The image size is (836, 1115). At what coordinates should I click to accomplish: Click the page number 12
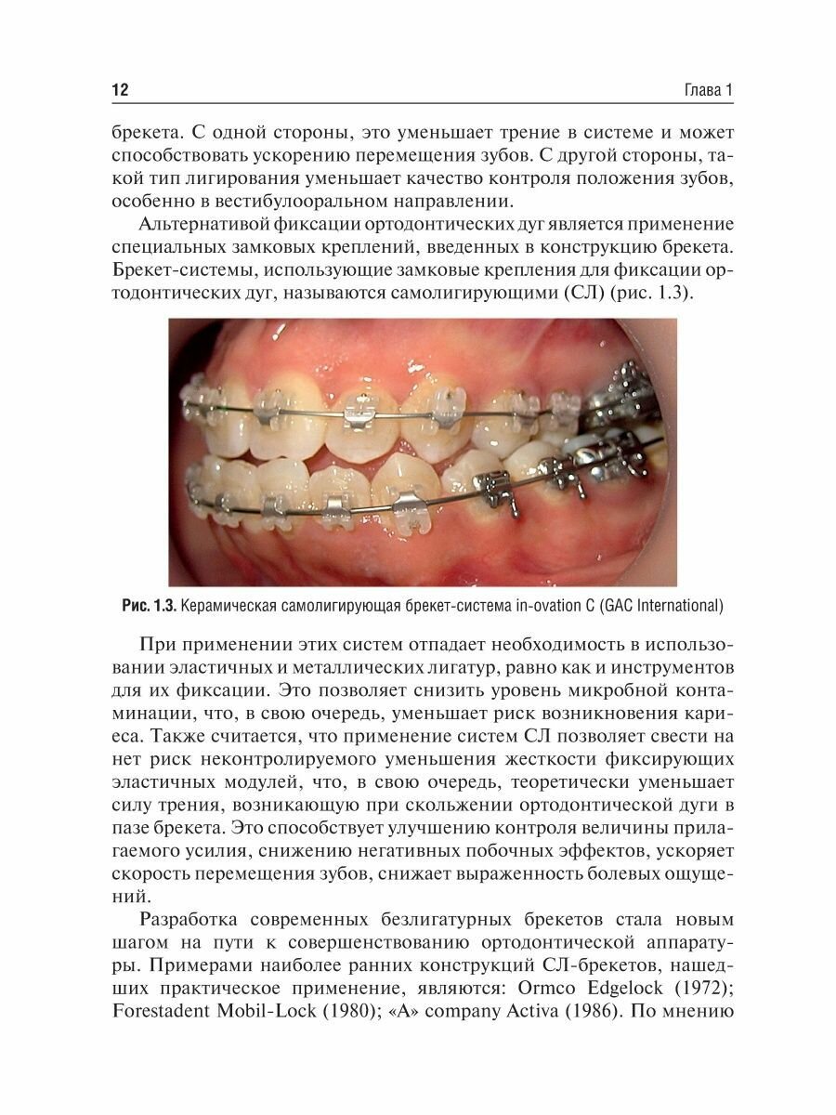click(x=119, y=90)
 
